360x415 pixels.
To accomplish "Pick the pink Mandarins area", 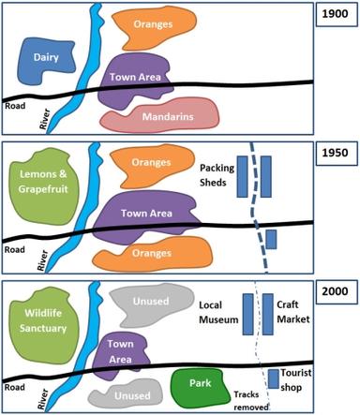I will pyautogui.click(x=170, y=118).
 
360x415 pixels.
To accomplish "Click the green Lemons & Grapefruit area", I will pyautogui.click(x=42, y=180).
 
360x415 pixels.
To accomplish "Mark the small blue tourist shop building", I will pyautogui.click(x=273, y=378).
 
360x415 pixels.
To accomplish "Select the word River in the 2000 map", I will pyautogui.click(x=40, y=403).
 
